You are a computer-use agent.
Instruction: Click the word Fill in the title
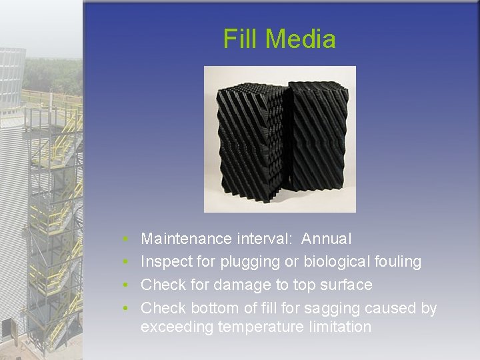point(239,39)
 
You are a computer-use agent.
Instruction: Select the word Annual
point(326,239)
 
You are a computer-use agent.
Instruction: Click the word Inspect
point(163,262)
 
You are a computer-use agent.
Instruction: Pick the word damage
point(241,285)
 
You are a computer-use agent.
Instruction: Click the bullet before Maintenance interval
point(126,239)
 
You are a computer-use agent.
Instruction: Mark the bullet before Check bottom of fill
point(126,309)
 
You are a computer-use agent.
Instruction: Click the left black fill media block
point(250,143)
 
